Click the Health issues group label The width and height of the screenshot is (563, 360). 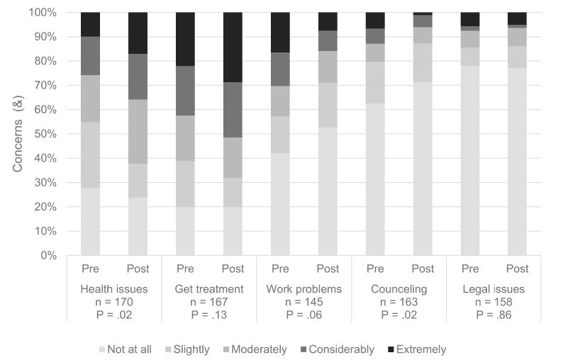coord(113,288)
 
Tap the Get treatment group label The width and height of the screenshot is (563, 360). coord(208,288)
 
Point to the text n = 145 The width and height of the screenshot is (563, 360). coord(303,300)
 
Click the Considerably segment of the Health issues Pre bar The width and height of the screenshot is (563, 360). coord(90,56)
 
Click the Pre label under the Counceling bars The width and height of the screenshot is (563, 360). coord(375,269)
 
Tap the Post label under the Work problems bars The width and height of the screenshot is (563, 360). coord(328,269)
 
